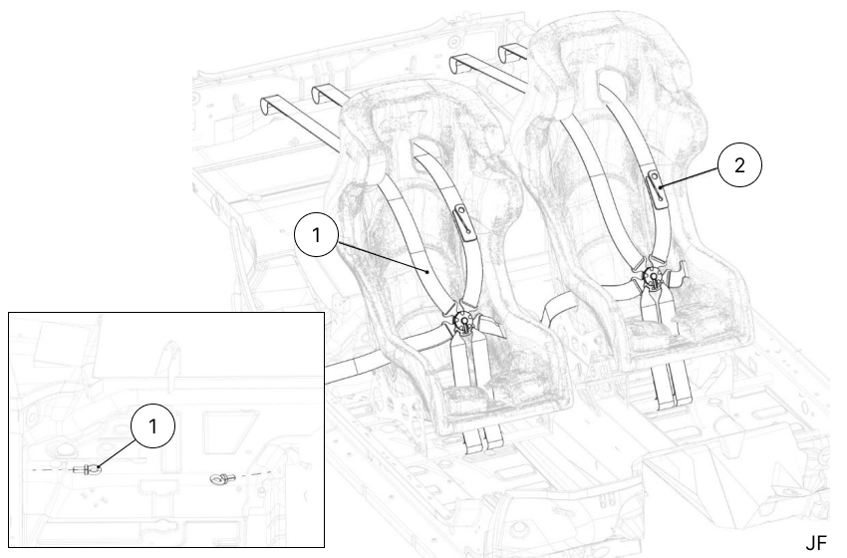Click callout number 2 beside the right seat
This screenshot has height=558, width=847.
coord(737,167)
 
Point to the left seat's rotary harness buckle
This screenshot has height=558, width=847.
coord(464,321)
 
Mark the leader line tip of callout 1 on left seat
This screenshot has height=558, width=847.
coord(428,271)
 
